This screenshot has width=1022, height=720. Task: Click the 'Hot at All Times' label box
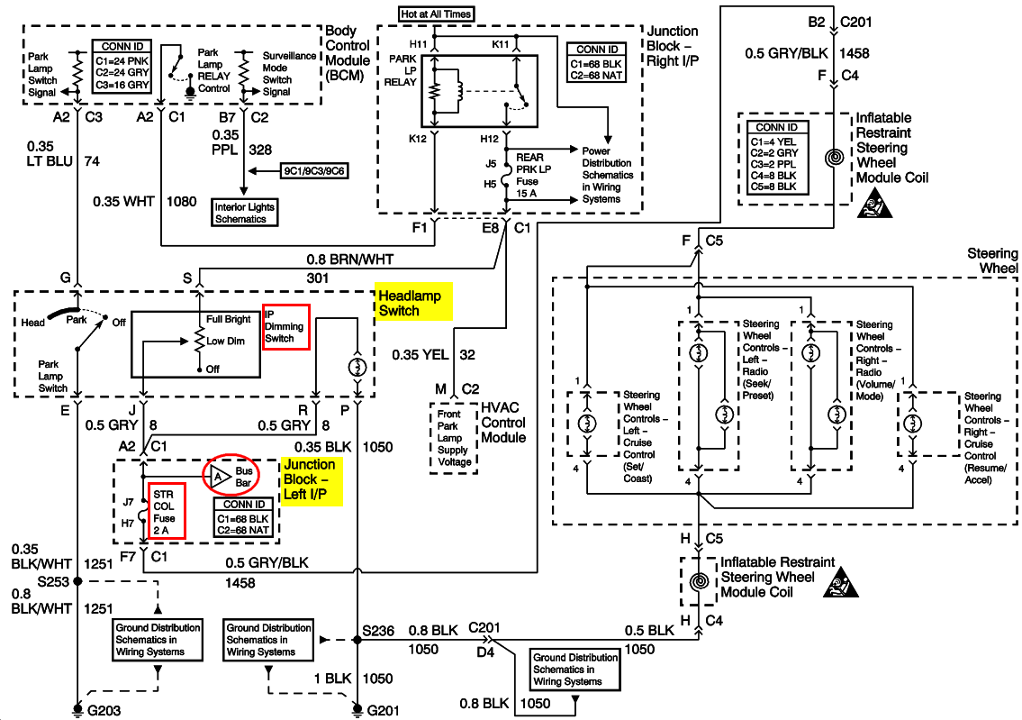(436, 14)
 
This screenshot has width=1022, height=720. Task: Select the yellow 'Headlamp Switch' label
(414, 304)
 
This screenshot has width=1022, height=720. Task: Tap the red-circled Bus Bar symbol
(231, 476)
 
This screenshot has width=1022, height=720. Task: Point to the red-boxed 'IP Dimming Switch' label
(286, 326)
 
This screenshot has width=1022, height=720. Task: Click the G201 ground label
(383, 710)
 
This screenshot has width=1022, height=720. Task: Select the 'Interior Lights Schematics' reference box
(245, 213)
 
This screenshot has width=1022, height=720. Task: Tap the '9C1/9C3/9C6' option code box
(313, 171)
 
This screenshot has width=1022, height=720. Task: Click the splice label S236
(378, 631)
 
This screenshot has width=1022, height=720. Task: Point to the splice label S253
(53, 581)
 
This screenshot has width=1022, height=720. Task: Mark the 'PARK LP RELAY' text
(402, 70)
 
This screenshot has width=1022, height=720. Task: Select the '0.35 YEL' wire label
(420, 355)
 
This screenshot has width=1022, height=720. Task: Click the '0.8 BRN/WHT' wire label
(350, 260)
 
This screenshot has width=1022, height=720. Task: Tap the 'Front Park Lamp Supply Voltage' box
(454, 438)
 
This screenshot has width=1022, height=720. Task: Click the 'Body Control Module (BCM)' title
(348, 53)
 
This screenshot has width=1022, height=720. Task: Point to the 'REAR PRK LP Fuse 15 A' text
(534, 176)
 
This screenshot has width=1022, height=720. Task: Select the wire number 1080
(181, 202)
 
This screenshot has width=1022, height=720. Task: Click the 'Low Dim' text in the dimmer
(225, 342)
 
